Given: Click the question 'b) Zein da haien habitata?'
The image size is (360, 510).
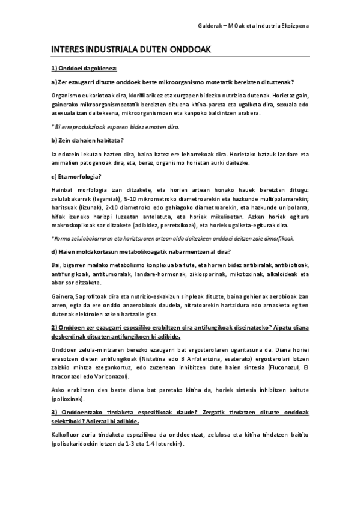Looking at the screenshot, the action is [87, 140].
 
